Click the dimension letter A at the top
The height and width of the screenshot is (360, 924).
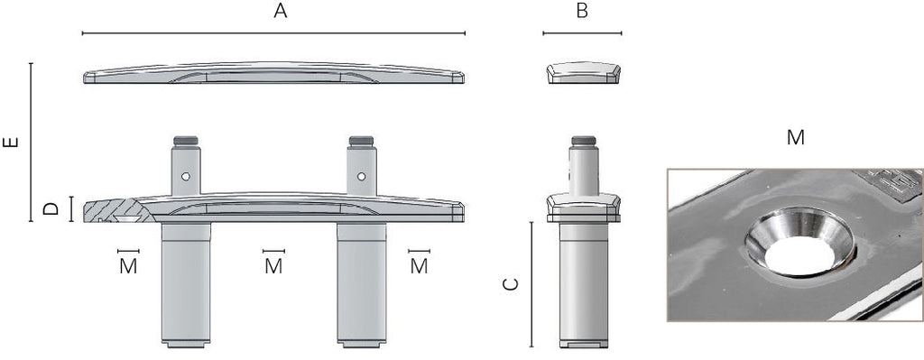(x=281, y=11)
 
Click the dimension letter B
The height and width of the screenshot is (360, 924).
(x=582, y=11)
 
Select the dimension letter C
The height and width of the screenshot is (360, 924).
(x=511, y=284)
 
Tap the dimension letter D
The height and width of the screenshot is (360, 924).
(x=51, y=208)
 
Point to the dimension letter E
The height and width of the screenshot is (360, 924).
(x=11, y=142)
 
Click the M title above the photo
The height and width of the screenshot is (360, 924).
(x=796, y=138)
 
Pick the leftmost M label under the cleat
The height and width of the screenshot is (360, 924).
(x=128, y=266)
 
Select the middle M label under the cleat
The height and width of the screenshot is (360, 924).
(x=273, y=266)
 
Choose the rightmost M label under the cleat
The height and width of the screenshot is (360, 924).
(x=419, y=266)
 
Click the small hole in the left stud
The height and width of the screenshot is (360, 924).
(x=186, y=176)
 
